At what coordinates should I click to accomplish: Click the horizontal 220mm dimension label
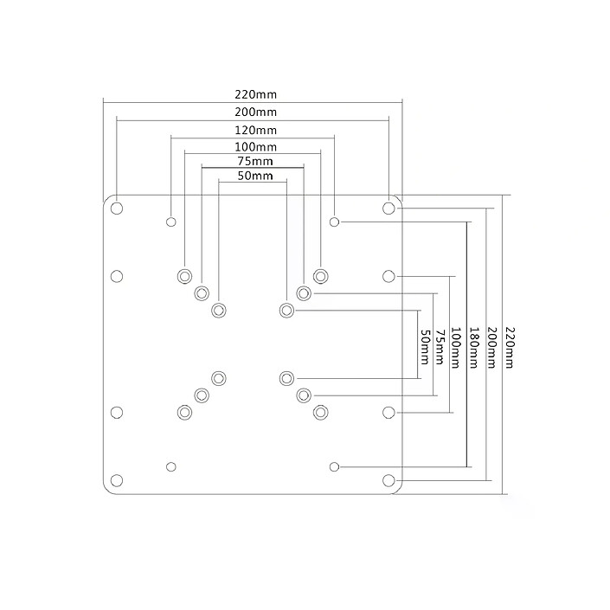coord(254,95)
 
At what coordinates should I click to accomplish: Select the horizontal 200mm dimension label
coord(254,112)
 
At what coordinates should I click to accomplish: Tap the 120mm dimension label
coord(254,130)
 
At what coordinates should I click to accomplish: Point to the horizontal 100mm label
coord(254,147)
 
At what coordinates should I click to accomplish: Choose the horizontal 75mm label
coord(254,161)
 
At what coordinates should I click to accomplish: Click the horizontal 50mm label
coord(254,177)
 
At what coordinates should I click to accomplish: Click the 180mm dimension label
coord(474,347)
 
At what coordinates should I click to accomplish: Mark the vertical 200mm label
coord(491,347)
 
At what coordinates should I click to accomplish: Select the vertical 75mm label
coord(440,347)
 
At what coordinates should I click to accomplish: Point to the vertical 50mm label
coord(424,347)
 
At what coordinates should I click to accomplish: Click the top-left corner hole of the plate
coord(117,208)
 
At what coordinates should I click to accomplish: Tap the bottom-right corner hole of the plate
coord(388,480)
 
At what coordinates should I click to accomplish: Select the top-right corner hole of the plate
coord(388,208)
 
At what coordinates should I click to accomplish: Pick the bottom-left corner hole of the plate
coord(117,480)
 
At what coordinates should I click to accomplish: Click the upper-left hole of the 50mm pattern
coord(219,309)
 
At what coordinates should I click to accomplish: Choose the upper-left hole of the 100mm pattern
coord(184,275)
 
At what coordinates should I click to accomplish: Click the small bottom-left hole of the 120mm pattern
coord(171,466)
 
